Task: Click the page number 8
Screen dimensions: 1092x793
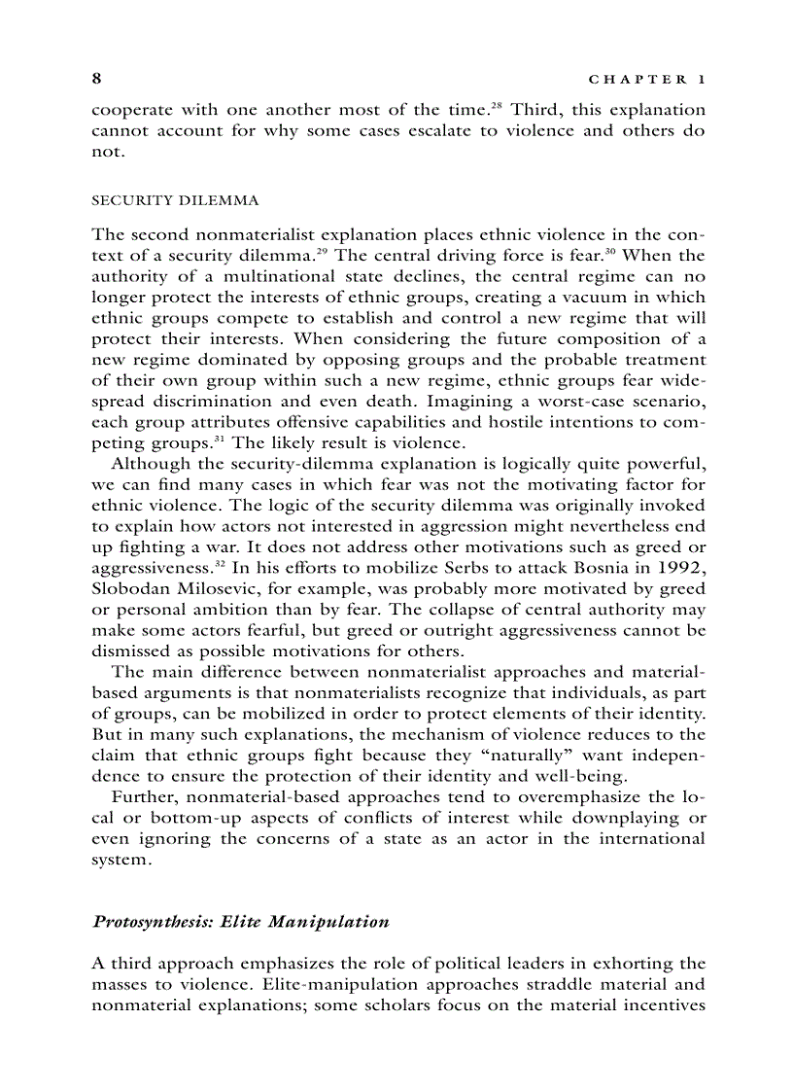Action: point(96,78)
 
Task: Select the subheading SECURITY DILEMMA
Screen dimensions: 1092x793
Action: point(175,200)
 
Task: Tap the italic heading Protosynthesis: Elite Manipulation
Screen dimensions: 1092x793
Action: point(240,921)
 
